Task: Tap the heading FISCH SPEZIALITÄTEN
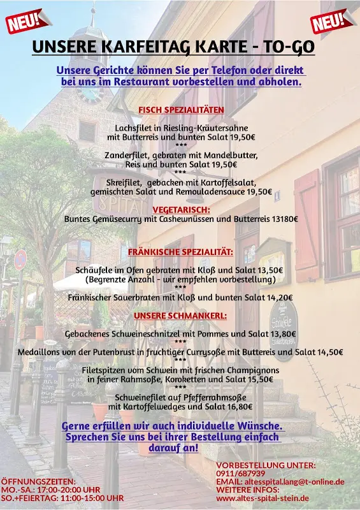click(x=181, y=110)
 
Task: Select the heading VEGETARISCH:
click(x=181, y=209)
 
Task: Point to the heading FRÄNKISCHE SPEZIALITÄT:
click(x=180, y=252)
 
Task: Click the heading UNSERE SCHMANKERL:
click(x=180, y=316)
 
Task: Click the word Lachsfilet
click(x=135, y=127)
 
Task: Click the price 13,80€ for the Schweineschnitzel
click(x=282, y=333)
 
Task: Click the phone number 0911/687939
click(x=241, y=474)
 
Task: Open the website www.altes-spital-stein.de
click(x=263, y=498)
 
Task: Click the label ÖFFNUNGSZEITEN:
click(x=38, y=481)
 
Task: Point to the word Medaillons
click(x=42, y=352)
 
